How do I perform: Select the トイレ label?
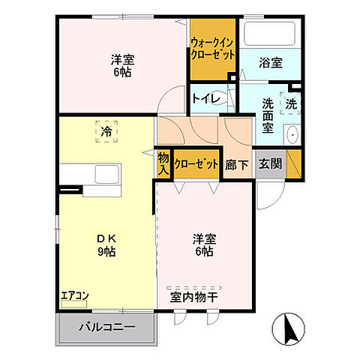coord(205,97)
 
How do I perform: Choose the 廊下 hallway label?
coord(236,163)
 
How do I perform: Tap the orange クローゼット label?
coord(196,163)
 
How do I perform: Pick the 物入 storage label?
coord(163,163)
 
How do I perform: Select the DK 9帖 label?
coord(105,245)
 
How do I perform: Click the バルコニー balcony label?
coord(107,328)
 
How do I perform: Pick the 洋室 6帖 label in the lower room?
coord(202,245)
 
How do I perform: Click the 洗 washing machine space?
coord(292,103)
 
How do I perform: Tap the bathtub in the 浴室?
coord(271,34)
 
